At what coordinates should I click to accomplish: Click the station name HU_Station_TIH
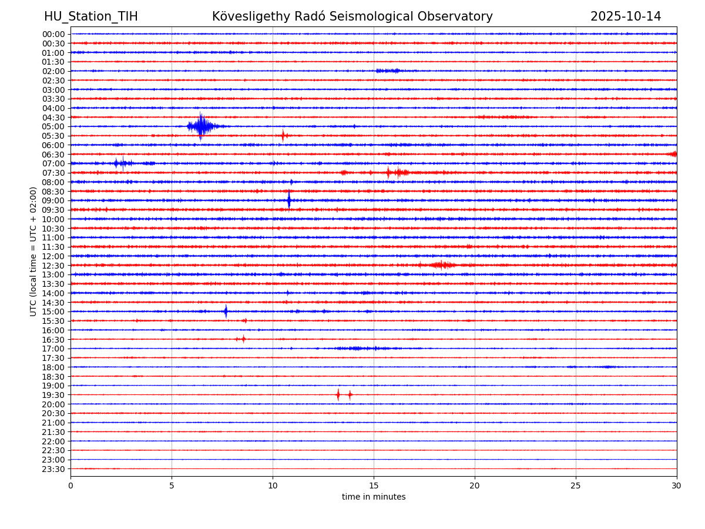click(91, 16)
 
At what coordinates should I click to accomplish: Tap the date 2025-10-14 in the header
click(626, 16)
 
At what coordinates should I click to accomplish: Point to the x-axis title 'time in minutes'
click(374, 497)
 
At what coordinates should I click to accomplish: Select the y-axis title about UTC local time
click(33, 252)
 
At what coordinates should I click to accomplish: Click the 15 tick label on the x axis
click(374, 486)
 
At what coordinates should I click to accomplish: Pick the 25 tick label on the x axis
click(576, 486)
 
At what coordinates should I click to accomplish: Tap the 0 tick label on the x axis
click(70, 486)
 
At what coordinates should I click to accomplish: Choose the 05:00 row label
click(53, 126)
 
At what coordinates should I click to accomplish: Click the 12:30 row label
click(53, 266)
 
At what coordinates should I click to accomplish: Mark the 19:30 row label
click(53, 395)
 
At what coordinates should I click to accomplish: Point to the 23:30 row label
click(53, 469)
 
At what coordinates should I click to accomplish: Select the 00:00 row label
click(53, 34)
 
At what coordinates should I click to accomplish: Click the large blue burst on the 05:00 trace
click(201, 126)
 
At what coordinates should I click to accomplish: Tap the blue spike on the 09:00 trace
click(288, 200)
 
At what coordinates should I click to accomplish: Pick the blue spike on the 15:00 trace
click(226, 312)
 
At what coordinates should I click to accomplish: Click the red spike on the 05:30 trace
click(283, 136)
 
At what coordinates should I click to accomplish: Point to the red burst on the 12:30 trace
click(442, 265)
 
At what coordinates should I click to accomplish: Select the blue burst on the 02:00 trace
click(388, 71)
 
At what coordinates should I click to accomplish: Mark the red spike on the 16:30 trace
click(243, 339)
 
